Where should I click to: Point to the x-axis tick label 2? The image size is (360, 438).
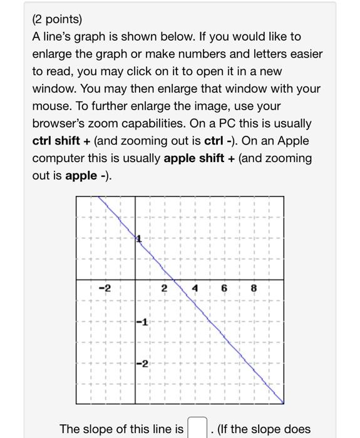click(x=163, y=288)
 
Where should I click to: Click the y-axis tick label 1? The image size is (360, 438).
click(x=140, y=239)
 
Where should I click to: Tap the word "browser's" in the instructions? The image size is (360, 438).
click(x=59, y=124)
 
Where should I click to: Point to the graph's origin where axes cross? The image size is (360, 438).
click(x=136, y=280)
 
